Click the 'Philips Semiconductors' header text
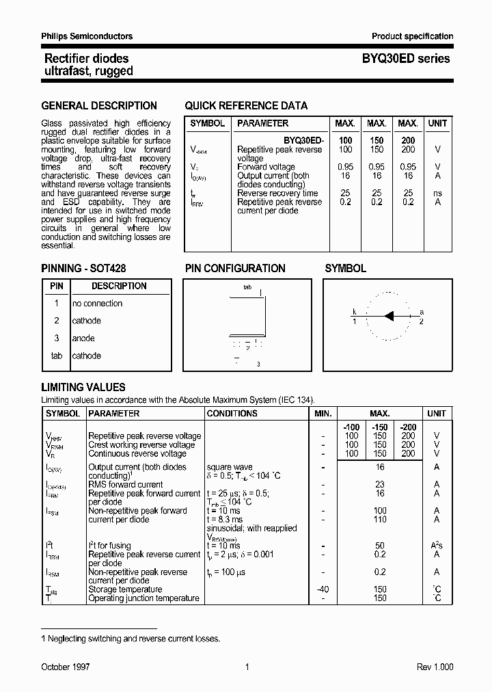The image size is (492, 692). [87, 36]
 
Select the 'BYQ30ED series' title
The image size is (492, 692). [406, 59]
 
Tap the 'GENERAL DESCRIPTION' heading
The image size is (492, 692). [99, 105]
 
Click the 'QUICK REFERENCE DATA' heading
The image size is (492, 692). [246, 105]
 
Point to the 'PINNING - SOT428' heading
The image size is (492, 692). [83, 268]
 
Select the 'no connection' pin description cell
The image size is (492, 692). [98, 304]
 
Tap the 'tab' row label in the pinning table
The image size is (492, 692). [57, 356]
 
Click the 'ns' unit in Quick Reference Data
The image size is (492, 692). [437, 194]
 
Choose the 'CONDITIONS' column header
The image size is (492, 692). [232, 414]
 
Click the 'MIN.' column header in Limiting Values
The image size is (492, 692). [323, 414]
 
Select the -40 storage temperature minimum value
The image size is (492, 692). [323, 589]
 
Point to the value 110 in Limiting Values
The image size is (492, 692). [380, 520]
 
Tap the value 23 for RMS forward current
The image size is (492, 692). [380, 484]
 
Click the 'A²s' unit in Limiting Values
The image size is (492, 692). [437, 546]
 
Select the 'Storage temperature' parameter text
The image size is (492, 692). [125, 589]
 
